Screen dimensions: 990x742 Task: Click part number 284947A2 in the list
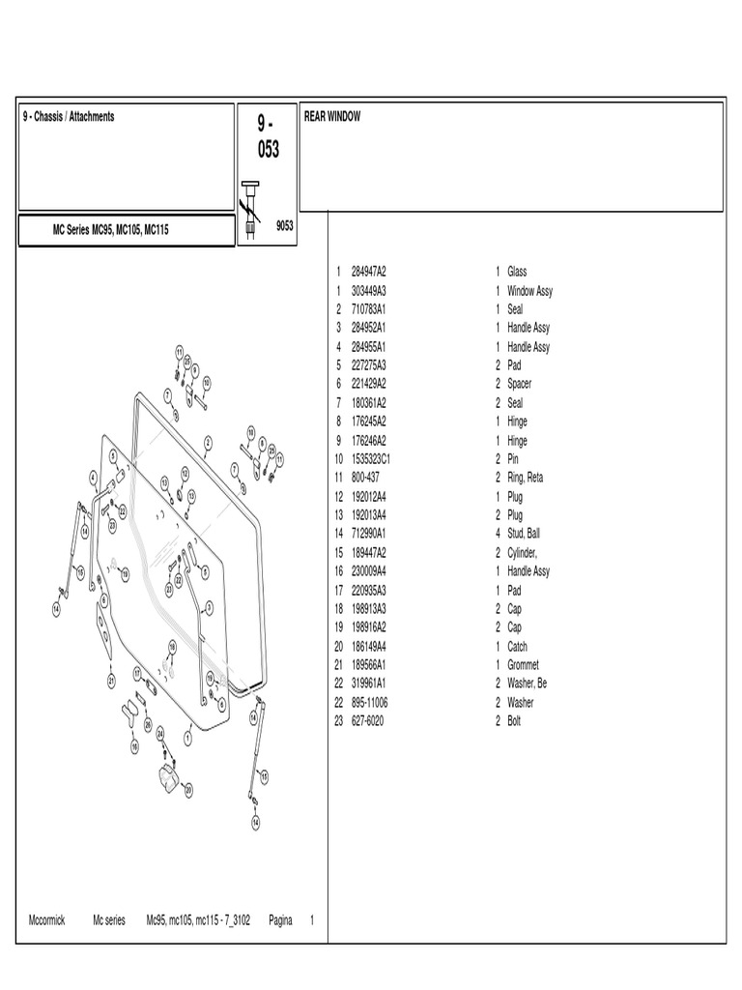[x=368, y=273]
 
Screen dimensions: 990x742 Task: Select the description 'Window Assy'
[x=529, y=291]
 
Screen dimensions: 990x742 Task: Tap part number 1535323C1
[x=374, y=459]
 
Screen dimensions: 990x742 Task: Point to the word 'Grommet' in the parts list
[x=523, y=665]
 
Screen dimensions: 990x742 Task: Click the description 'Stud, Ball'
[x=527, y=534]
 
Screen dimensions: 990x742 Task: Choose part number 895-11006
[x=371, y=703]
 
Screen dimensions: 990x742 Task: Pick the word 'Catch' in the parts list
[x=517, y=647]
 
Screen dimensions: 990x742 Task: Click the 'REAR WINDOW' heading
[x=332, y=117]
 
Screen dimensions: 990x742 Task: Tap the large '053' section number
[x=268, y=150]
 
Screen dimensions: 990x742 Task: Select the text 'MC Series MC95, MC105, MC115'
[x=111, y=232]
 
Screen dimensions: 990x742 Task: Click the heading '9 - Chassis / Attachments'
[x=69, y=117]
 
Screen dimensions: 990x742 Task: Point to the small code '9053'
[x=284, y=225]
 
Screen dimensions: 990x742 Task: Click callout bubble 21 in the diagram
[x=111, y=681]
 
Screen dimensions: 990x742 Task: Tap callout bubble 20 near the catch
[x=189, y=790]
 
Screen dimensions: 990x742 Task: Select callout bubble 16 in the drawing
[x=134, y=746]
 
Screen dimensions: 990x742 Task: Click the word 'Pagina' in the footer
[x=280, y=920]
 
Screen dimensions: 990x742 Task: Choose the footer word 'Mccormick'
[x=47, y=920]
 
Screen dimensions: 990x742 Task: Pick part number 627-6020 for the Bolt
[x=367, y=721]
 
